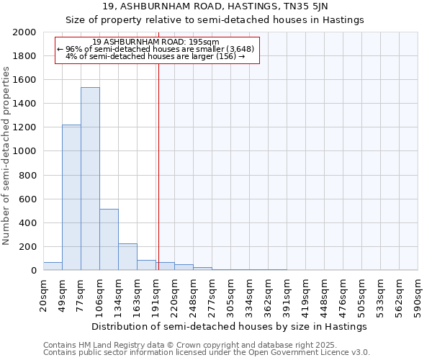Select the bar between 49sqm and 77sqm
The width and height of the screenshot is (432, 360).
click(x=71, y=197)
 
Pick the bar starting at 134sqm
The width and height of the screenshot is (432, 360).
click(x=127, y=256)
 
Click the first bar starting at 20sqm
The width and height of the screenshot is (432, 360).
click(x=53, y=266)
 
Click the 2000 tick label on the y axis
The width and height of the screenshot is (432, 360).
click(x=24, y=32)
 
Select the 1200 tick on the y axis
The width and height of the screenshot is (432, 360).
click(x=24, y=127)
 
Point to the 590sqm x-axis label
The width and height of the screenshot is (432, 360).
click(x=418, y=295)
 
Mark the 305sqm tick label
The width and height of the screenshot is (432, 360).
click(x=231, y=295)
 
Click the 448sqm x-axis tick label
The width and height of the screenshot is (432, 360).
click(x=325, y=295)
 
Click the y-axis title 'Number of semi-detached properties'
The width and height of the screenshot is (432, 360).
click(x=7, y=156)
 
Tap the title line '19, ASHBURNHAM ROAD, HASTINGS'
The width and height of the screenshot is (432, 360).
click(x=215, y=6)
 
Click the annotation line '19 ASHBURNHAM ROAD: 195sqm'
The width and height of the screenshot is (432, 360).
click(x=156, y=42)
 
